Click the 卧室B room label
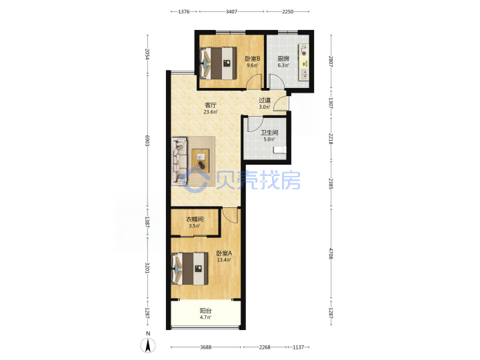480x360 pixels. (252, 58)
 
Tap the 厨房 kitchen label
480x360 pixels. (283, 59)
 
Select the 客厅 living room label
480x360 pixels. (211, 105)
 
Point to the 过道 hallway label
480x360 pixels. (265, 100)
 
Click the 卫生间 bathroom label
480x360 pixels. (269, 133)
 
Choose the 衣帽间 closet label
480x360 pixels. (195, 219)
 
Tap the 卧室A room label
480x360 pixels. (224, 253)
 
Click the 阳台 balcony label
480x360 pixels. (206, 311)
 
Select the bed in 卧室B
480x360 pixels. (218, 63)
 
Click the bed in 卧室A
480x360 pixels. (190, 269)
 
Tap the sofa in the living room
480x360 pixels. (179, 161)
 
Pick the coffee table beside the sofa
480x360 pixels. (201, 161)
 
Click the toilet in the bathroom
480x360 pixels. (279, 149)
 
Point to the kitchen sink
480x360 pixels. (304, 74)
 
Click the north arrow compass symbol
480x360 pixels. (148, 345)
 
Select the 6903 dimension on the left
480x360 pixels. (147, 140)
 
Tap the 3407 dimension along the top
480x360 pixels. (231, 11)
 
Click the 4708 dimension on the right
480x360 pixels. (331, 254)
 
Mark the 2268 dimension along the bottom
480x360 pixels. (265, 347)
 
